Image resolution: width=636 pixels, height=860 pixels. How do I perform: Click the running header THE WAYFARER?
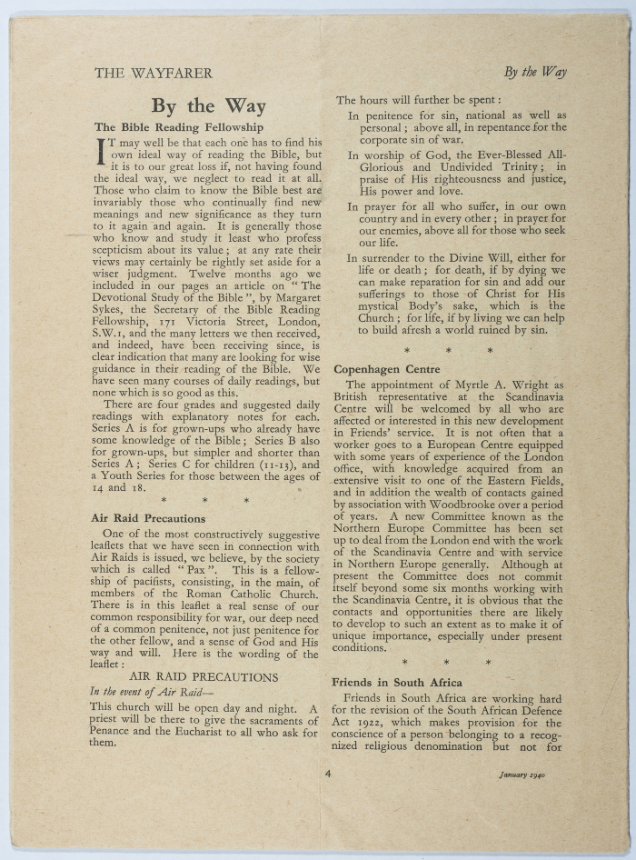(153, 74)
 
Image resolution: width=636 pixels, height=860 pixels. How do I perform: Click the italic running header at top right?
(535, 73)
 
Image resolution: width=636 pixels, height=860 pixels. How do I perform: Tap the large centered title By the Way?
(208, 106)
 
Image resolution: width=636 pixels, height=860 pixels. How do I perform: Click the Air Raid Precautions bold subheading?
(148, 518)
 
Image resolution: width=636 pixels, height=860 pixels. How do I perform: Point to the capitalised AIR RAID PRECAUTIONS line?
(204, 677)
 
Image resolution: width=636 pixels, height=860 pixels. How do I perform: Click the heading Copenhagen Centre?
(387, 369)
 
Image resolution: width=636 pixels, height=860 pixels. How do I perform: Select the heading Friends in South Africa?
(397, 682)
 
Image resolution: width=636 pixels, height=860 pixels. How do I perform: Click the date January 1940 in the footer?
(529, 775)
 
